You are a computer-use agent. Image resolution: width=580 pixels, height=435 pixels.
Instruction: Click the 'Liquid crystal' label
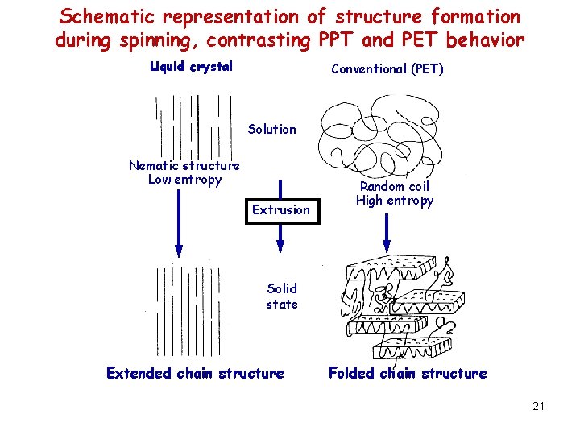click(x=191, y=66)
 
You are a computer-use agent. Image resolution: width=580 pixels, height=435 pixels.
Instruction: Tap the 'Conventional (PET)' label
click(x=387, y=68)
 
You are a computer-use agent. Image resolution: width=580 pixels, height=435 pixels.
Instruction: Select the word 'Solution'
click(x=271, y=129)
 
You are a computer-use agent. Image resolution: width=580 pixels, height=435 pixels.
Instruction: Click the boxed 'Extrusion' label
click(x=280, y=209)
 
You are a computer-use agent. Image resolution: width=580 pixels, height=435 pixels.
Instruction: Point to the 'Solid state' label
click(x=282, y=296)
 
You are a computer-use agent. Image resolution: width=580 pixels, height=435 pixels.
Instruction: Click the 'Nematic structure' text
click(x=184, y=165)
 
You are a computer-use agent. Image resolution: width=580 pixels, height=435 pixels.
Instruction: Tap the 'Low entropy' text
click(x=184, y=179)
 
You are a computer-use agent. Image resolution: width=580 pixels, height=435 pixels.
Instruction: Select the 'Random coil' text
click(x=395, y=186)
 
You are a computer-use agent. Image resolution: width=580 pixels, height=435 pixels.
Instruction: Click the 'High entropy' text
click(x=395, y=201)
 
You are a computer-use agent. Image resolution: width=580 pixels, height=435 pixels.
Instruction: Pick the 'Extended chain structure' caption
click(x=195, y=373)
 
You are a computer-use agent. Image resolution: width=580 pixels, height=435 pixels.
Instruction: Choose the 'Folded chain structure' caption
click(x=408, y=373)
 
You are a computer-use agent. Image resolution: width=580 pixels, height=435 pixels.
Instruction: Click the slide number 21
click(x=538, y=406)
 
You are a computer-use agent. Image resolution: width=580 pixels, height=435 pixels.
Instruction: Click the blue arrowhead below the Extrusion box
click(x=280, y=239)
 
